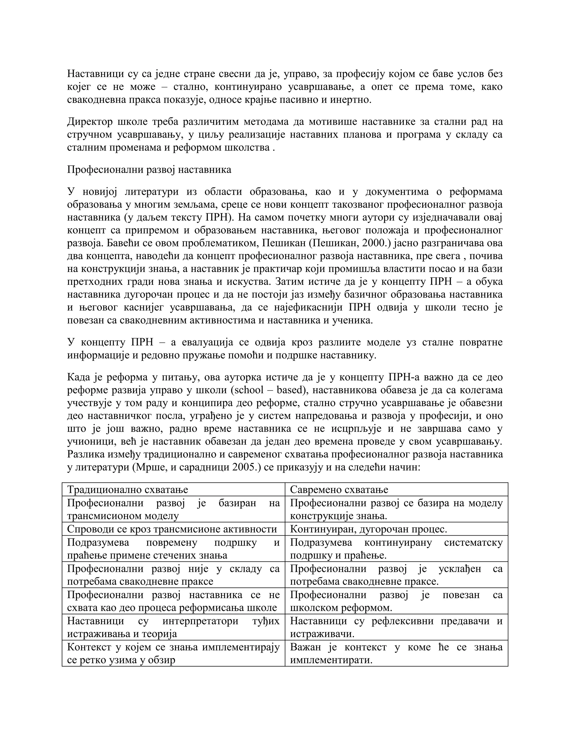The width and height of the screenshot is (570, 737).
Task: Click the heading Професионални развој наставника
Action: click(x=149, y=169)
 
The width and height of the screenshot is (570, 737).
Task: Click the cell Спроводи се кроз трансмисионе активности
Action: click(x=172, y=529)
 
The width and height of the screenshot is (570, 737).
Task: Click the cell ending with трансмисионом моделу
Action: click(x=173, y=509)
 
